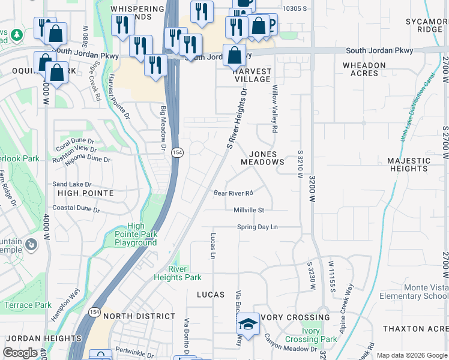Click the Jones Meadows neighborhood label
coord(262,158)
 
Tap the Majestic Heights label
coord(408,165)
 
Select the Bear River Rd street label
coord(234,193)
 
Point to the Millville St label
coord(249,210)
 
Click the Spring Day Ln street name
coord(258,227)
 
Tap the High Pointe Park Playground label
coord(136,235)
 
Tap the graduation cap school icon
coord(247,325)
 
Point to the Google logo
coord(20,352)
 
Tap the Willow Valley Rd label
coord(275,109)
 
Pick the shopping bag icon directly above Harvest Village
coord(234,55)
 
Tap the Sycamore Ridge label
coord(424,25)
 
